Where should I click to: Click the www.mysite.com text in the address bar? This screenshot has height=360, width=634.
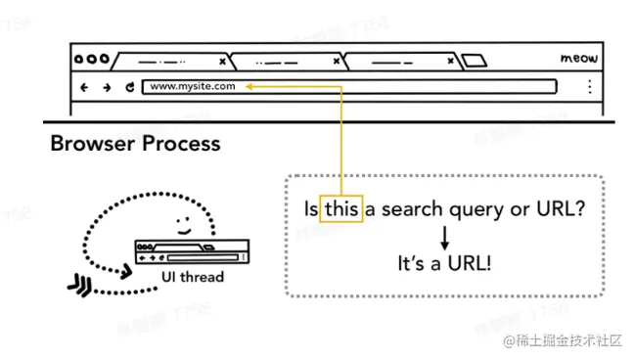click(193, 87)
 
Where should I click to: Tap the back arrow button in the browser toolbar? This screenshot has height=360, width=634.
click(84, 87)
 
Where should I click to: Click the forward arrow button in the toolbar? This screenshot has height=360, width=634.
click(107, 87)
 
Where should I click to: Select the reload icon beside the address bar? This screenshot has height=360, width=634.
click(129, 87)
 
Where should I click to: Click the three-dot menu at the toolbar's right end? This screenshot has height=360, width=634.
click(589, 87)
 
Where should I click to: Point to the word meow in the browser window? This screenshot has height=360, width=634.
click(578, 59)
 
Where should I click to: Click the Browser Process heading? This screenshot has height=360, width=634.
click(136, 145)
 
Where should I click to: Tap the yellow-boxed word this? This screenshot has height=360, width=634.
click(341, 208)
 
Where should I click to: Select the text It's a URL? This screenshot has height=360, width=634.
click(444, 264)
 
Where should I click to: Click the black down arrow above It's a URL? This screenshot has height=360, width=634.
click(444, 236)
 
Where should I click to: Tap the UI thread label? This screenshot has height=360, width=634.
click(192, 277)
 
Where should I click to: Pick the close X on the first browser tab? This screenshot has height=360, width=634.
click(222, 61)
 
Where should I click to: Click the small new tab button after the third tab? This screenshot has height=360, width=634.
click(475, 61)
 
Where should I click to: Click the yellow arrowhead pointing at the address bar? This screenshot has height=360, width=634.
click(249, 87)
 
